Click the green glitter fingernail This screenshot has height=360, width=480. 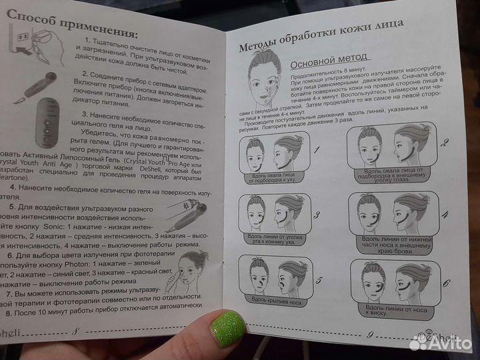pyautogui.click(x=229, y=331)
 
